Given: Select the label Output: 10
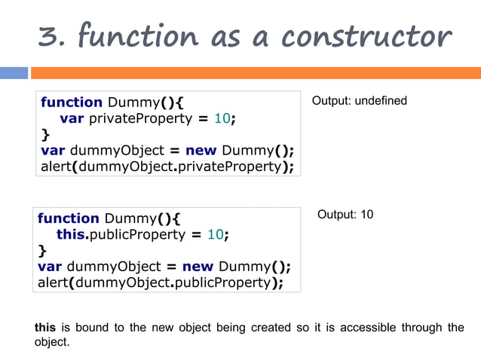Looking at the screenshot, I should click(345, 215).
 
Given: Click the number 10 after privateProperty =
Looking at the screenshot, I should click(222, 118).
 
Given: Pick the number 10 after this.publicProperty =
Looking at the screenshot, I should click(216, 234).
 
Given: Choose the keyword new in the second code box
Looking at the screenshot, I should click(198, 267).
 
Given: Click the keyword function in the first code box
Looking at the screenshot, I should click(71, 102).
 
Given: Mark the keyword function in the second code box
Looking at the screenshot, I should click(69, 218).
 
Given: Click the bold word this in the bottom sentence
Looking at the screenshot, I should click(45, 328).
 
